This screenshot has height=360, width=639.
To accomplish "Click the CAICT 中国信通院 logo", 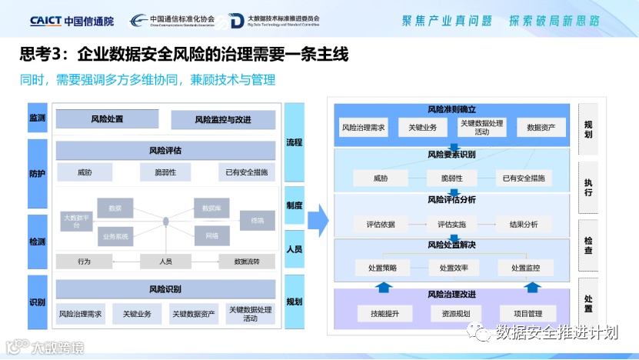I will (72, 20).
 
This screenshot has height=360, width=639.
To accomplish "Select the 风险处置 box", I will (107, 119).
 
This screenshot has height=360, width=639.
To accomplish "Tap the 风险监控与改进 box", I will (223, 119).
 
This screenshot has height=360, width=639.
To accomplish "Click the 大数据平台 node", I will (76, 222).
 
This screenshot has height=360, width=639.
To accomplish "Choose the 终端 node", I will (257, 221).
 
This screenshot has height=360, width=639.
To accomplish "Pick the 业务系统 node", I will (115, 235).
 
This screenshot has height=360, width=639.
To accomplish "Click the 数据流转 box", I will (247, 262).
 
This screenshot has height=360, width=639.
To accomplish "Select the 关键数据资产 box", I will (193, 314).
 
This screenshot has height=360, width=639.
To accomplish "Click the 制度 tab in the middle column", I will (295, 205).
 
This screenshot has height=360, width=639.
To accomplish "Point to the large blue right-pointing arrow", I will (318, 221).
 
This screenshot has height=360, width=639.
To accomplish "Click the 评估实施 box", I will (451, 225).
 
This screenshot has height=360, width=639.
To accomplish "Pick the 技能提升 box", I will (384, 314).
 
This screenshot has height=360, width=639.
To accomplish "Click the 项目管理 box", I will (527, 314).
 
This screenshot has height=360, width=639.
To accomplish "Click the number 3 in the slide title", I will (54, 55).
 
